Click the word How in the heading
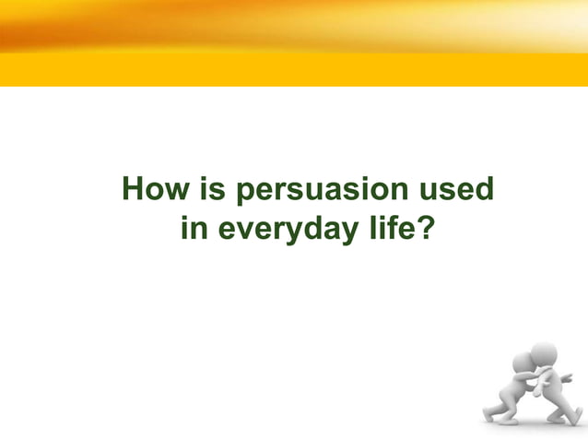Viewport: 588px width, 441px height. click(x=153, y=191)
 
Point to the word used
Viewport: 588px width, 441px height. click(x=455, y=191)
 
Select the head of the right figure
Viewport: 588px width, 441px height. click(x=543, y=353)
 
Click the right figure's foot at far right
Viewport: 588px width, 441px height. click(x=578, y=417)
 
